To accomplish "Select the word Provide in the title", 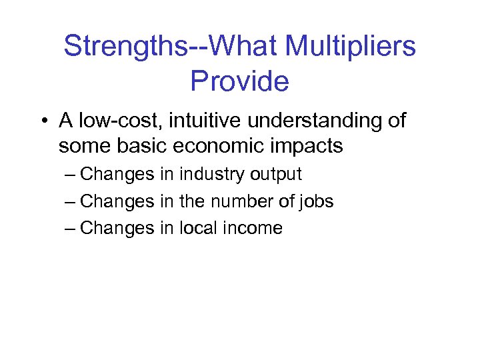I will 239,81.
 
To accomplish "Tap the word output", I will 276,175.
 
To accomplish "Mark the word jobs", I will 316,201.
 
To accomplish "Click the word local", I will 194,228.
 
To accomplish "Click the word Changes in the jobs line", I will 117,201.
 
